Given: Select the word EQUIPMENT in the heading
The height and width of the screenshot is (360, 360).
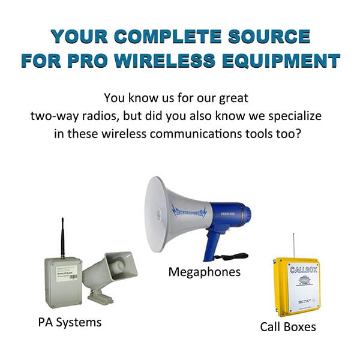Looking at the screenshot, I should coord(293,61).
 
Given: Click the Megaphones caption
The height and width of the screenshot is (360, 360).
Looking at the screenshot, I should coord(204,272).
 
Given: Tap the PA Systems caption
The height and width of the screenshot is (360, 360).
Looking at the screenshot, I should coord(70,322).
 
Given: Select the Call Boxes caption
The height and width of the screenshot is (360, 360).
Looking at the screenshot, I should coord(287,327).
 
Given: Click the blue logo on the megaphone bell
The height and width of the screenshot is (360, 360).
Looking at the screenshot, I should coord(188,211).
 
